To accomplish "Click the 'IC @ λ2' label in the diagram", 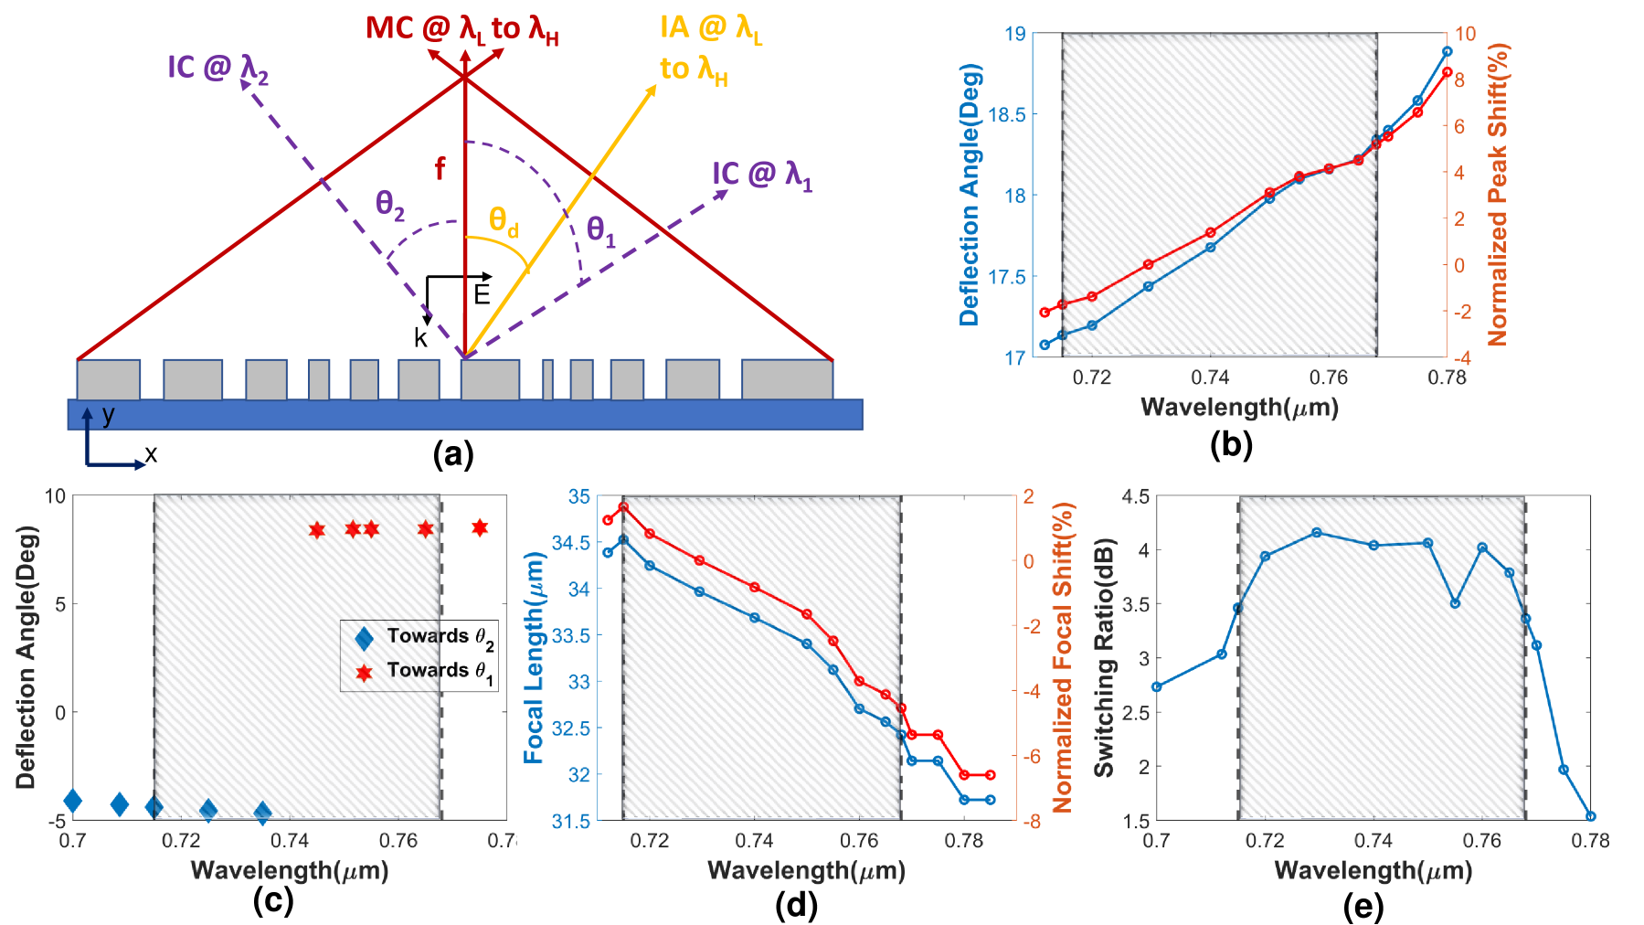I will [x=217, y=68].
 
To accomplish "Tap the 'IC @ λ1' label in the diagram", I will [x=762, y=174].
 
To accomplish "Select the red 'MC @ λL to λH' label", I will [x=461, y=29].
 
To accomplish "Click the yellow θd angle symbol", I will [x=504, y=222].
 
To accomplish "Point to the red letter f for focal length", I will [x=440, y=168].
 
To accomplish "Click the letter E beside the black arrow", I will [x=482, y=294].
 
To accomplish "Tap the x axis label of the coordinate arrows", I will [x=151, y=454].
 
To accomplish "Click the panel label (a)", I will [x=453, y=453].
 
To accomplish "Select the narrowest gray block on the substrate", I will [x=547, y=379].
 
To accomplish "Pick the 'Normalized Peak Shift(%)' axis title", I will [x=1498, y=195].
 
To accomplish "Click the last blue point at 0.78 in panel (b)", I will [x=1447, y=52].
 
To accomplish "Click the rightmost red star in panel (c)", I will [x=480, y=527].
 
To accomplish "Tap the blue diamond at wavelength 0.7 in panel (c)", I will [x=73, y=801].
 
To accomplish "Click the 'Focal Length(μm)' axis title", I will [x=534, y=657].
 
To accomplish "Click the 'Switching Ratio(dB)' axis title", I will [x=1104, y=657].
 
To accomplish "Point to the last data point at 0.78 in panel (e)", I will [x=1590, y=816].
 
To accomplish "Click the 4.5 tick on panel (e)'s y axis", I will [x=1135, y=496].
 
